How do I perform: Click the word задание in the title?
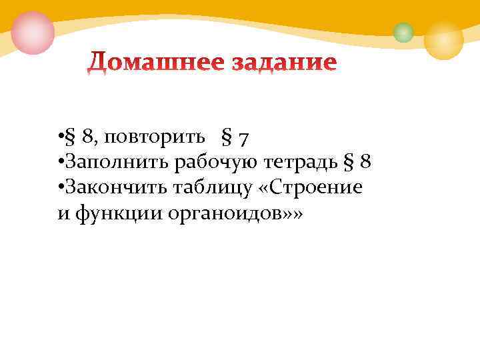pyautogui.click(x=285, y=63)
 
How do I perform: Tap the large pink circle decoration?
pyautogui.click(x=33, y=32)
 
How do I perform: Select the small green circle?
pyautogui.click(x=403, y=32)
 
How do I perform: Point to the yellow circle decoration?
pyautogui.click(x=443, y=39)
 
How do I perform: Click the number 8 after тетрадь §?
pyautogui.click(x=365, y=162)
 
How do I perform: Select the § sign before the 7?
pyautogui.click(x=226, y=139)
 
